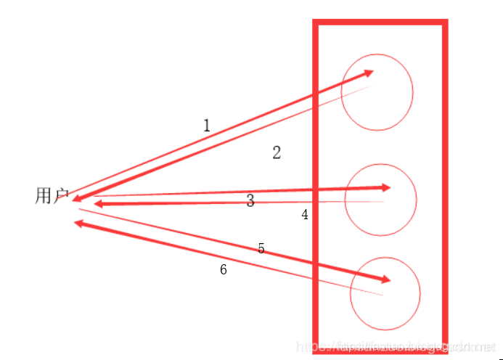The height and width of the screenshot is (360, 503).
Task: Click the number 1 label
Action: (x=207, y=126)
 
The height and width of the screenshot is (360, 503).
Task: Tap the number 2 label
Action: (x=277, y=152)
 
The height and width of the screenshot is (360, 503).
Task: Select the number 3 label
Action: (x=250, y=201)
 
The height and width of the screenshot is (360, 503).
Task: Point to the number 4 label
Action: (x=305, y=214)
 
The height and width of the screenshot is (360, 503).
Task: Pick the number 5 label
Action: (x=261, y=249)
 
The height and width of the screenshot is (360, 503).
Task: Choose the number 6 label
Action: (x=224, y=269)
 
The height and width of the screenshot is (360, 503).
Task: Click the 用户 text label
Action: (x=51, y=196)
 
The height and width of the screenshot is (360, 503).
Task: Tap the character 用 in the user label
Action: (x=43, y=196)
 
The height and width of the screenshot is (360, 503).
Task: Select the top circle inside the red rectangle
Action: (x=377, y=92)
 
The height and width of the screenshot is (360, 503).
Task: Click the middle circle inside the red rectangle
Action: (x=380, y=200)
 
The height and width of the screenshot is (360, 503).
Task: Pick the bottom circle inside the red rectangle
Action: (x=385, y=293)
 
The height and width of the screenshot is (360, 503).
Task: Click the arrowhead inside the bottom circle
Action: (x=385, y=279)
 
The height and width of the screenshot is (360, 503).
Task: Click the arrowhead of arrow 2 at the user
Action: (x=76, y=199)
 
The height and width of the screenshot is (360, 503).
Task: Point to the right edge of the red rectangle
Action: (x=443, y=181)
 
